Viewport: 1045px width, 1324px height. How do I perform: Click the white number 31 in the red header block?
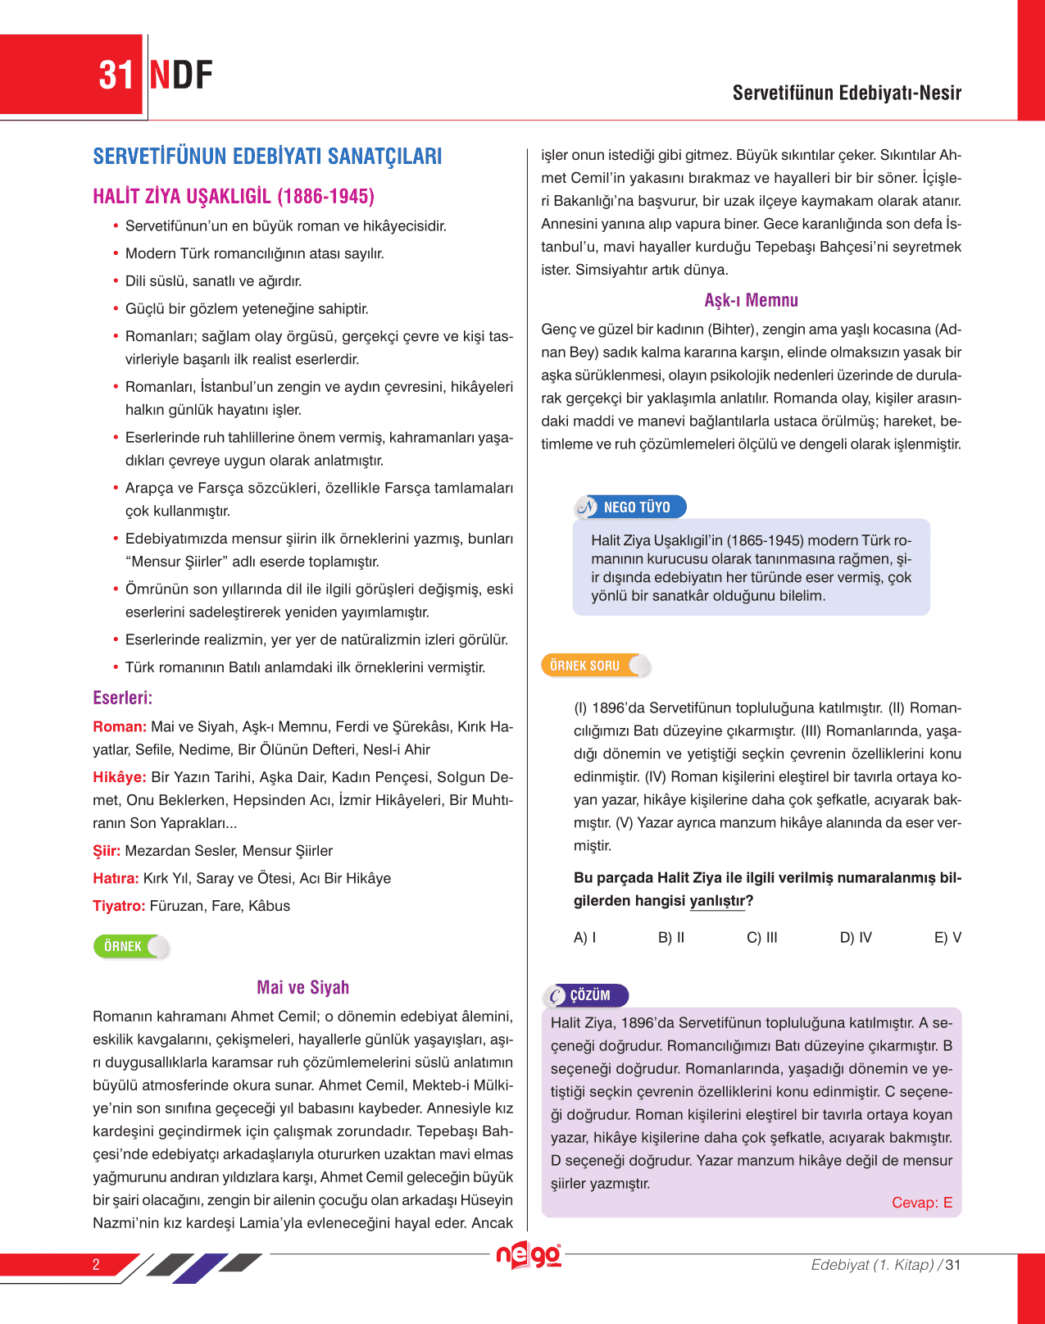pyautogui.click(x=116, y=75)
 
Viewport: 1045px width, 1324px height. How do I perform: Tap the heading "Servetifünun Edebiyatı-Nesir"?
pyautogui.click(x=846, y=93)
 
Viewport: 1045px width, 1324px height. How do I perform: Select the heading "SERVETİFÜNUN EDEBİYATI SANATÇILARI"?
pyautogui.click(x=267, y=157)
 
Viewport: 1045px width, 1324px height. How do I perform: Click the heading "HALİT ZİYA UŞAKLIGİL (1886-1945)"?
pyautogui.click(x=234, y=197)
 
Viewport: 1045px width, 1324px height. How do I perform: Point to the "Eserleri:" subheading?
pyautogui.click(x=123, y=698)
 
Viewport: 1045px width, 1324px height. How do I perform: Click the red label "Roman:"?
pyautogui.click(x=120, y=726)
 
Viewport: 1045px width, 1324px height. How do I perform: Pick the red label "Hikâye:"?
pyautogui.click(x=120, y=777)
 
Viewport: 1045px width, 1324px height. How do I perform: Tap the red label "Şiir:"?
pyautogui.click(x=107, y=851)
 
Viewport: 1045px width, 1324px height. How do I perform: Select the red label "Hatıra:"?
pyautogui.click(x=116, y=879)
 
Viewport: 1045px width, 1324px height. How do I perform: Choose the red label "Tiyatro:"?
pyautogui.click(x=119, y=906)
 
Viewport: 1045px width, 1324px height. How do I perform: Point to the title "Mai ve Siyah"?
pyautogui.click(x=303, y=987)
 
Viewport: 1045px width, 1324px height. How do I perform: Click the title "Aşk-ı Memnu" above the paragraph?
pyautogui.click(x=751, y=300)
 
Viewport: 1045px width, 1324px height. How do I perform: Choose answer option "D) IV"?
pyautogui.click(x=856, y=937)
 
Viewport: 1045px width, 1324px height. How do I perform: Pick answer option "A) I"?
pyautogui.click(x=584, y=937)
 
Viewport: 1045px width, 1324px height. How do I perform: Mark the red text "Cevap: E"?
pyautogui.click(x=921, y=1203)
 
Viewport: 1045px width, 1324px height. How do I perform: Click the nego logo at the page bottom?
pyautogui.click(x=529, y=1255)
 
